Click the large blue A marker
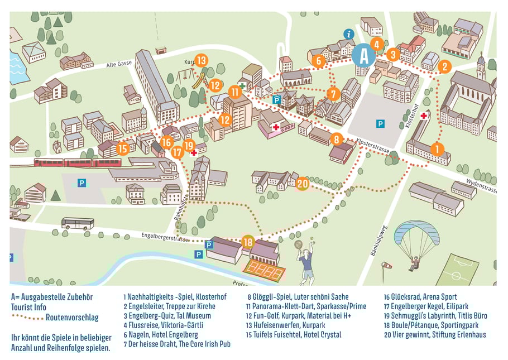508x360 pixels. (364, 55)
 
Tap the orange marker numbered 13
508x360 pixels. (202, 60)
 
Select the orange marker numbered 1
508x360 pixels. (437, 148)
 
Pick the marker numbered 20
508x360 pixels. (303, 184)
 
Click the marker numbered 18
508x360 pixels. (248, 242)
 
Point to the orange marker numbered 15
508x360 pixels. (123, 148)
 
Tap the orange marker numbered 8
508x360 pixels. (337, 139)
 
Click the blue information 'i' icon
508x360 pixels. (349, 34)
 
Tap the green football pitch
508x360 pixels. (457, 270)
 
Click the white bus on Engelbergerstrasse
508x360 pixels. (78, 223)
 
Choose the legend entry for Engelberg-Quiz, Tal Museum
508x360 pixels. (167, 315)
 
